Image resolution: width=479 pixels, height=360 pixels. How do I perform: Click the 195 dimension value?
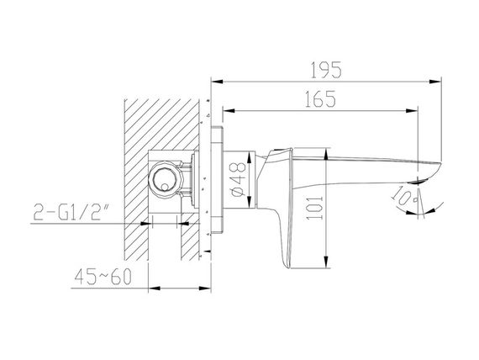[x=326, y=70]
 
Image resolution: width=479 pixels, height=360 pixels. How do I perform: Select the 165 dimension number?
[x=320, y=98]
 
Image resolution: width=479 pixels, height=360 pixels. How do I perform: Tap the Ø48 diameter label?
[x=237, y=179]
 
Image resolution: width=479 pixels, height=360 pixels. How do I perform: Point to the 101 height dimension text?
[x=315, y=208]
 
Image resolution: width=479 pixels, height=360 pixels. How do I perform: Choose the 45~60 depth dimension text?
[x=103, y=276]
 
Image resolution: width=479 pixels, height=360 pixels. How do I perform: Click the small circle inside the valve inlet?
[x=165, y=187]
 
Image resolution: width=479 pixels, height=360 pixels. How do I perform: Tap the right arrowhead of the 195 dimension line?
[x=435, y=82]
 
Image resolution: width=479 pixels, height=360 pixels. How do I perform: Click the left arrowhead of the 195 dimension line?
[x=217, y=82]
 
